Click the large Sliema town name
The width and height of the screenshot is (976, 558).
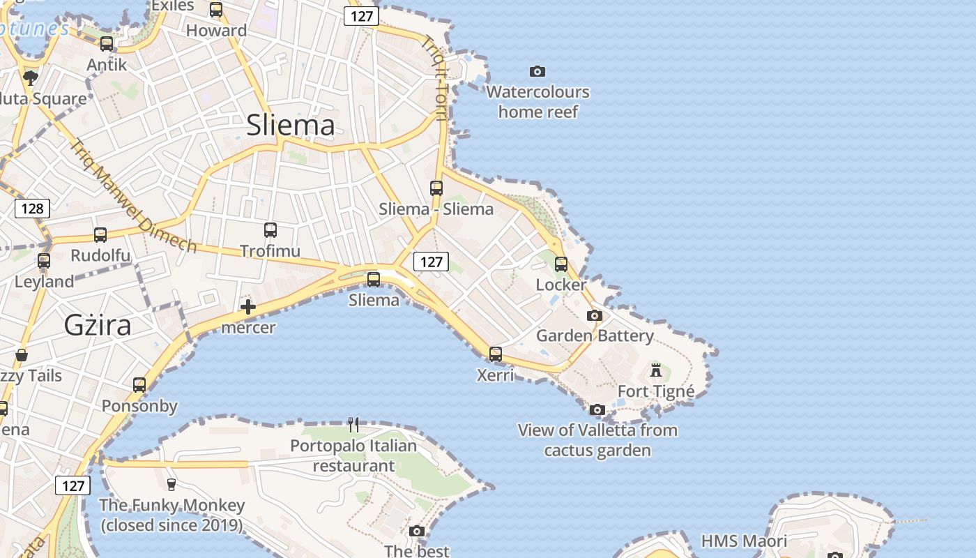pyautogui.click(x=291, y=126)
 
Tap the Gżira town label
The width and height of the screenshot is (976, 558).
pyautogui.click(x=98, y=325)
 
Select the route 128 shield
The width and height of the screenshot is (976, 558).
pyautogui.click(x=32, y=208)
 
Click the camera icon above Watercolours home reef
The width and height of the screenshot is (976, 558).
pyautogui.click(x=537, y=71)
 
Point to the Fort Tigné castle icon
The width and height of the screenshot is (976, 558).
pyautogui.click(x=655, y=370)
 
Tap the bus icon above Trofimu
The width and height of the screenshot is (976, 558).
pyautogui.click(x=270, y=229)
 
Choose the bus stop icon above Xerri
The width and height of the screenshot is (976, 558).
pyautogui.click(x=496, y=354)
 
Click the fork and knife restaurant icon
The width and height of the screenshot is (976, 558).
pyautogui.click(x=353, y=423)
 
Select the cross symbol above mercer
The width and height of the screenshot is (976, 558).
pyautogui.click(x=248, y=307)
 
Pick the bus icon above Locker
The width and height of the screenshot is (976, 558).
pyautogui.click(x=561, y=264)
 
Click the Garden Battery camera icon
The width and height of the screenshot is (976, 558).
pyautogui.click(x=594, y=315)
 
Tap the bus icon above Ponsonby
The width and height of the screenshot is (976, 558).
pyautogui.click(x=139, y=384)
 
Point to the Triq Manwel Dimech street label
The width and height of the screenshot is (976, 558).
pyautogui.click(x=133, y=195)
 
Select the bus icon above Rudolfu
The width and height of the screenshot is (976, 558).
pyautogui.click(x=100, y=235)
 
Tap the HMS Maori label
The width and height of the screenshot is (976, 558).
pyautogui.click(x=744, y=541)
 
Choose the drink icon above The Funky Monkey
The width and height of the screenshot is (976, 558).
pyautogui.click(x=171, y=484)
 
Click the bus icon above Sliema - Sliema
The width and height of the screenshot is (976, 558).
pyautogui.click(x=436, y=188)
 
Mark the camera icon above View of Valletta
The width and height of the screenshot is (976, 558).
pyautogui.click(x=597, y=409)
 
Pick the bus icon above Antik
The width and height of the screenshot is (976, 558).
pyautogui.click(x=107, y=43)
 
